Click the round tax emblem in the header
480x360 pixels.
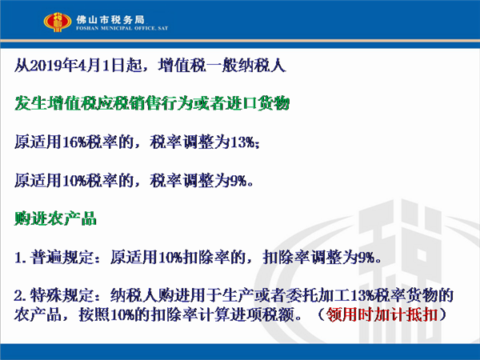point(58,22)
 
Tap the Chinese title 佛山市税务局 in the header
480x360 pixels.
point(110,20)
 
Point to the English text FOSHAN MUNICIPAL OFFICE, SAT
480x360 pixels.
point(122,28)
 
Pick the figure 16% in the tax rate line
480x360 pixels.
point(74,142)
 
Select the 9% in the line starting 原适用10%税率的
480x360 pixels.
point(238,181)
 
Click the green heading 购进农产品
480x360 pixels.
point(55,218)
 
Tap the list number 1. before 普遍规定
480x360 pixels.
point(20,258)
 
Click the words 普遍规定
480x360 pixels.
point(62,257)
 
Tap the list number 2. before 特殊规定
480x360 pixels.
point(20,296)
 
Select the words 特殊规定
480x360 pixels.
point(62,295)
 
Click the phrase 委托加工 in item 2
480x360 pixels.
point(318,295)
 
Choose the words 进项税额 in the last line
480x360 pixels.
point(262,314)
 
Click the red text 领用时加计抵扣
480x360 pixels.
point(382,314)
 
